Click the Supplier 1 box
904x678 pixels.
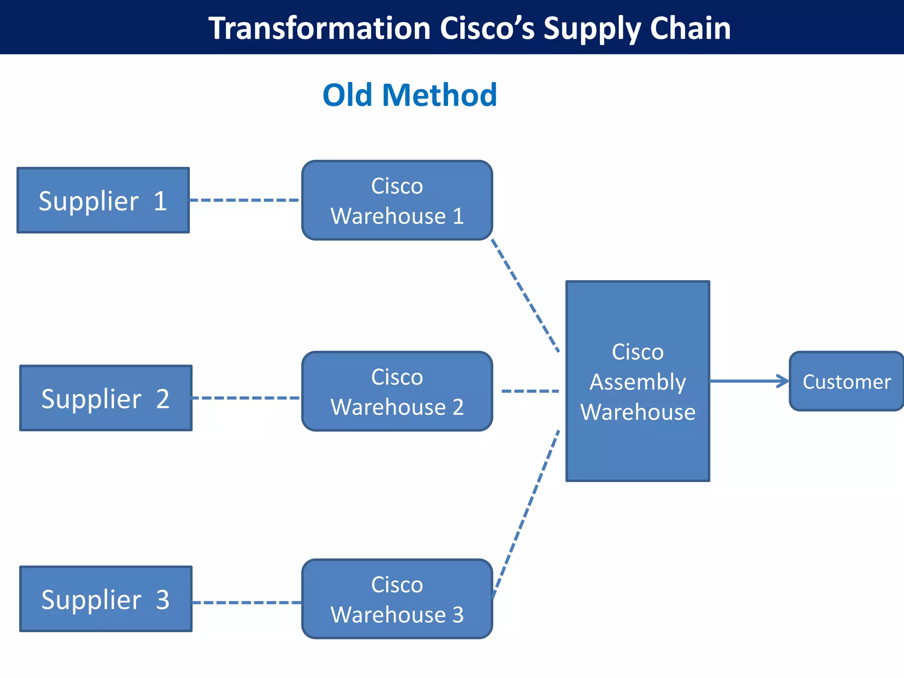click(x=103, y=200)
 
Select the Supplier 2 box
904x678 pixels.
click(x=105, y=398)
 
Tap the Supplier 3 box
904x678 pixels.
click(x=105, y=599)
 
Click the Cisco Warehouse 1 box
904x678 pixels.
click(x=397, y=200)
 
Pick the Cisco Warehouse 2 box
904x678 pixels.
click(x=397, y=391)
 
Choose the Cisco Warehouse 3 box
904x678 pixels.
click(x=397, y=599)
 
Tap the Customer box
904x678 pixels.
click(x=846, y=381)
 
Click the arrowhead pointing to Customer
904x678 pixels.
click(x=783, y=381)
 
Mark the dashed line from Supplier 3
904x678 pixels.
click(x=247, y=602)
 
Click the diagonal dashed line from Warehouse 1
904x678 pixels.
click(x=525, y=296)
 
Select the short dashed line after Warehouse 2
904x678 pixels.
click(x=530, y=391)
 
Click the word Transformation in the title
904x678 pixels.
click(x=319, y=28)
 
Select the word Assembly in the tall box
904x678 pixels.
click(x=637, y=382)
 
